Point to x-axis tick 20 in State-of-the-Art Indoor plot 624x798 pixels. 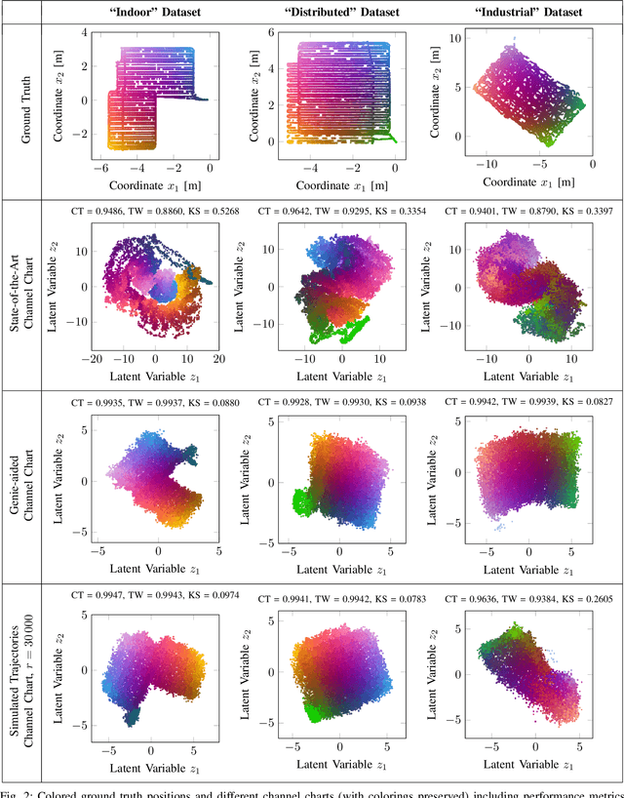pyautogui.click(x=218, y=360)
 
